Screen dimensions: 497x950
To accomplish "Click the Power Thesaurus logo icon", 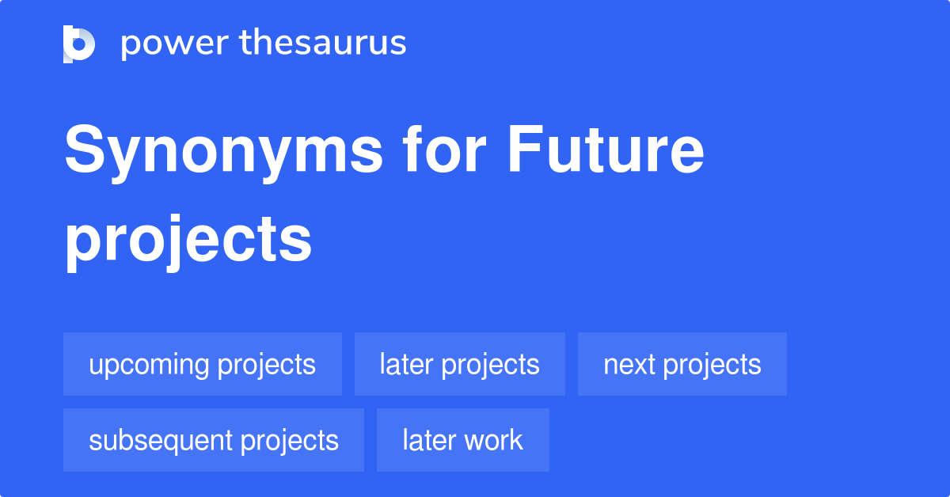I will (79, 44).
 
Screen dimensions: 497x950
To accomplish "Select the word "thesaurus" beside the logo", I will (323, 43).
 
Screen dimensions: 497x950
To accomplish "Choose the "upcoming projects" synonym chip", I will (203, 364).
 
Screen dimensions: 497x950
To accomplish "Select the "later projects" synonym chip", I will (460, 364).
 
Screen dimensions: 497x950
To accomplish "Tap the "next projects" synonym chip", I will (682, 364).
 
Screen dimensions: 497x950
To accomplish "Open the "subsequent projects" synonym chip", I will (214, 440).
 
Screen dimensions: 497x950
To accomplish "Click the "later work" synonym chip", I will (463, 440).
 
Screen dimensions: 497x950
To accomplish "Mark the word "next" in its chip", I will (629, 365).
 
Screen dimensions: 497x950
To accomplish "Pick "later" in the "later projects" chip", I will (407, 364).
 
